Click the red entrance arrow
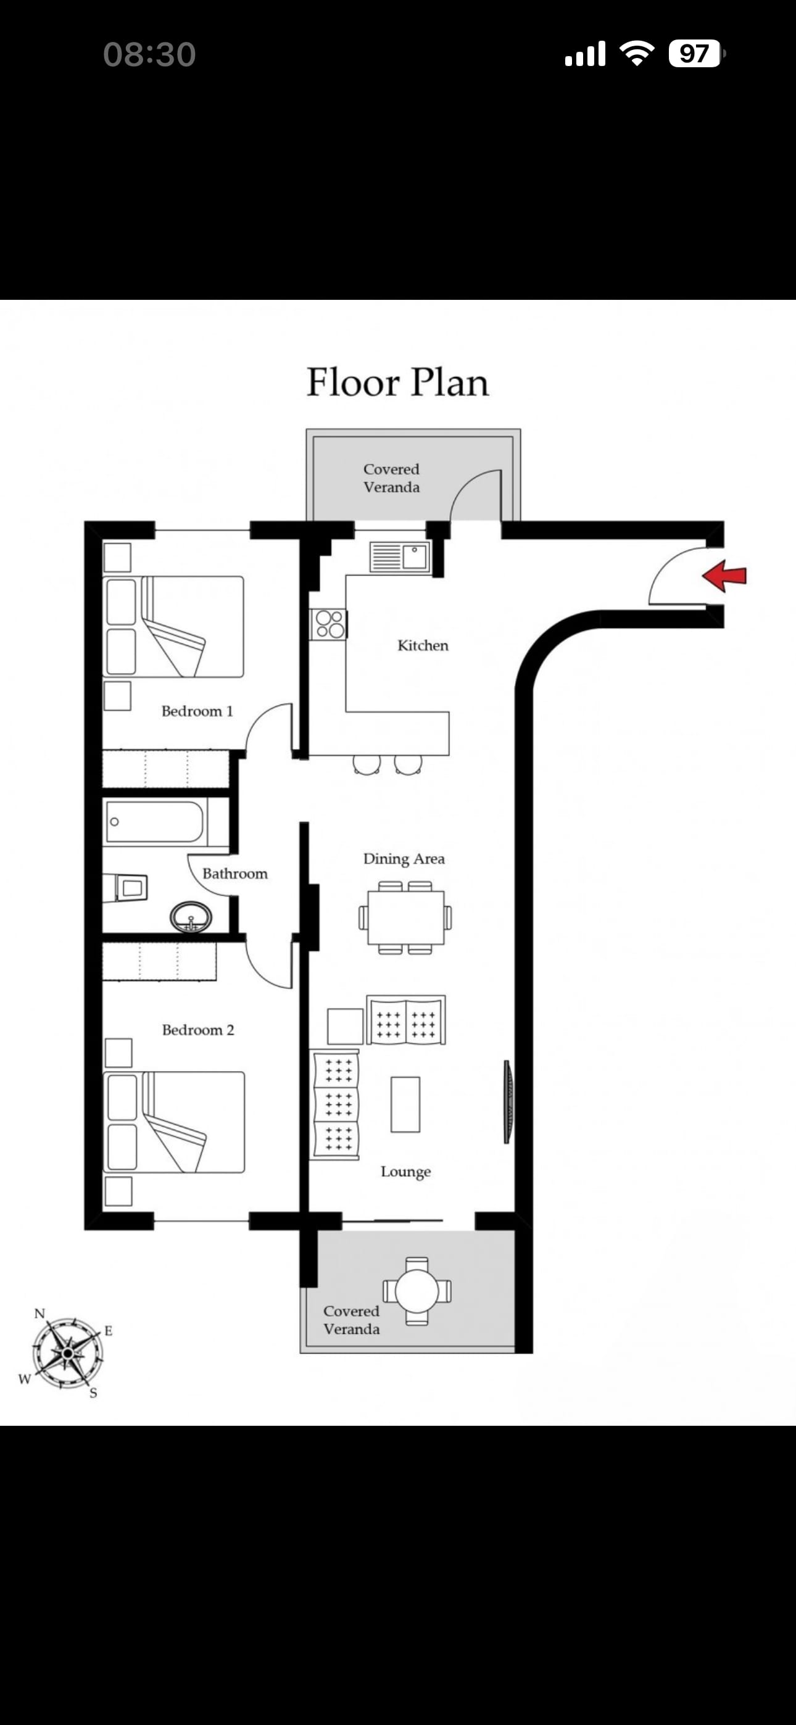point(724,576)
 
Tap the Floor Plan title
point(397,383)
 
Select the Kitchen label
point(423,645)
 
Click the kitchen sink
point(400,557)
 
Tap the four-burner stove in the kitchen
point(328,624)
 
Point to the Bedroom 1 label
point(197,711)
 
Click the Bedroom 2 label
point(197,1030)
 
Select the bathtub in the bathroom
point(154,822)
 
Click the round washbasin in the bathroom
point(191,917)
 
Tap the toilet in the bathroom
point(127,888)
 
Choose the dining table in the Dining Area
point(405,917)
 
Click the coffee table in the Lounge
point(405,1105)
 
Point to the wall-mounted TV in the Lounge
point(508,1101)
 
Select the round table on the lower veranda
point(417,1291)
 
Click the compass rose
point(67,1354)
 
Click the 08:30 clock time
point(149,54)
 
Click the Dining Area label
point(404,859)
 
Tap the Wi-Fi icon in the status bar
point(637,53)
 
